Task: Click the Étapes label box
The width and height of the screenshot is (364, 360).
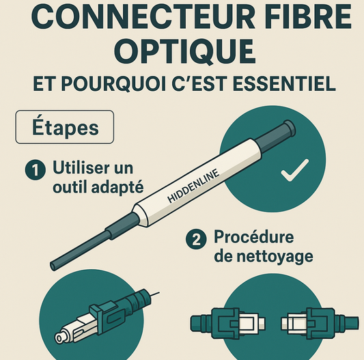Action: [x=66, y=128]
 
